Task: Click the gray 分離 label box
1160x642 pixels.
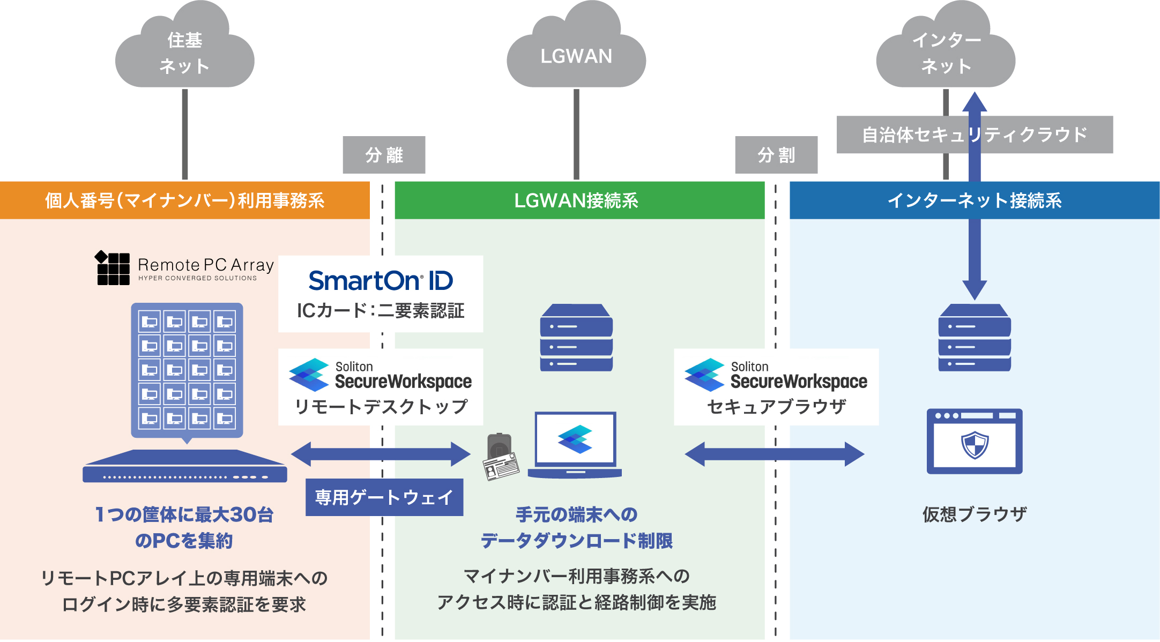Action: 384,155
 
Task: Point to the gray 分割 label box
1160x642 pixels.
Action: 776,155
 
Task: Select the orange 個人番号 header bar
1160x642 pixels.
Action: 184,200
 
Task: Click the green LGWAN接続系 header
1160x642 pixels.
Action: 579,200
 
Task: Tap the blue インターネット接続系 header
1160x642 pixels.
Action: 974,200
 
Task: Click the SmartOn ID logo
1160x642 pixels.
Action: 381,281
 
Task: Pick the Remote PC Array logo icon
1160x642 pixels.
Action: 113,268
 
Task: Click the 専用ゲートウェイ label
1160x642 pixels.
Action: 384,497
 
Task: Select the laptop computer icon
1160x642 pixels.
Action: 575,445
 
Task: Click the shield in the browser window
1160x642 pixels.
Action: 975,445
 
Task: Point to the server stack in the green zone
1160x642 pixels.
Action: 576,338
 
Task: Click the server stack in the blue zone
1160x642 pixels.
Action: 975,338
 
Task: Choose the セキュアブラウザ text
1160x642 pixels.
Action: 776,407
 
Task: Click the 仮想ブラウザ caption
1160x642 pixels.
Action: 974,514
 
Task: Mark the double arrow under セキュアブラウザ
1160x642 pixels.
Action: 774,454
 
